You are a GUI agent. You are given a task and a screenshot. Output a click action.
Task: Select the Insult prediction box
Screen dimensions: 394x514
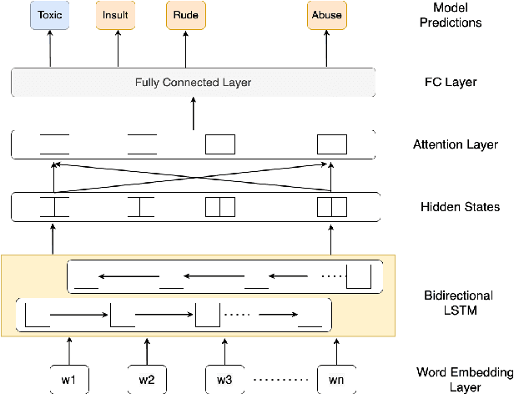[116, 16]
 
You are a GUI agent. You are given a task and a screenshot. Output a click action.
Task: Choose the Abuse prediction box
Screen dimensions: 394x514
[325, 16]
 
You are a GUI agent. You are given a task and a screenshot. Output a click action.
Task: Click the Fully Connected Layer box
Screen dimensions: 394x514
[193, 83]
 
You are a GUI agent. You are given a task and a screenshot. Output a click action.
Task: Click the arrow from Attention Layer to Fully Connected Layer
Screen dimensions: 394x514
[194, 114]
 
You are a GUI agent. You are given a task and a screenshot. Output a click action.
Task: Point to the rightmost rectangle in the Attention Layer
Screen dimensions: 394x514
[331, 144]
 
